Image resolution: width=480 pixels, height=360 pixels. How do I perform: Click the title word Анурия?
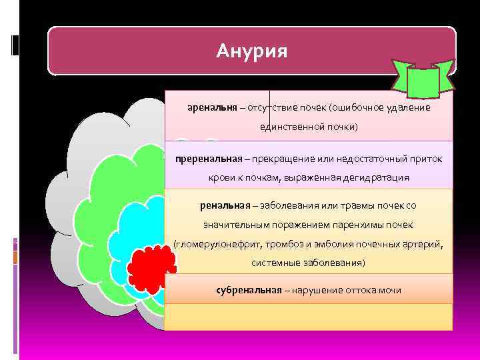click(x=252, y=51)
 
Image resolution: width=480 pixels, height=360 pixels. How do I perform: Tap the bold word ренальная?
click(x=223, y=205)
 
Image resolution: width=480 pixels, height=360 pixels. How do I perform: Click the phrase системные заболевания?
click(x=308, y=263)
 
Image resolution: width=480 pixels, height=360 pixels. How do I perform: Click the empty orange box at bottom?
click(x=308, y=317)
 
